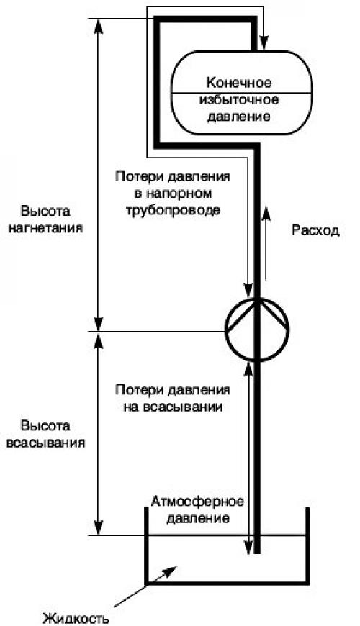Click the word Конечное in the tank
click(x=239, y=83)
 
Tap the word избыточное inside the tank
click(x=239, y=99)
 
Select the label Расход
click(x=315, y=230)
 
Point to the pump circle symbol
click(x=257, y=330)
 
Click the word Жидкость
click(x=76, y=619)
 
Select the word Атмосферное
click(x=197, y=502)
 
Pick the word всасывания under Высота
click(x=46, y=443)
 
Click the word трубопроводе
click(x=173, y=210)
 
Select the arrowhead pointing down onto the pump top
click(x=248, y=290)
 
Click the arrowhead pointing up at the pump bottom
click(x=248, y=369)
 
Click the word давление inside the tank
click(x=239, y=117)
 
